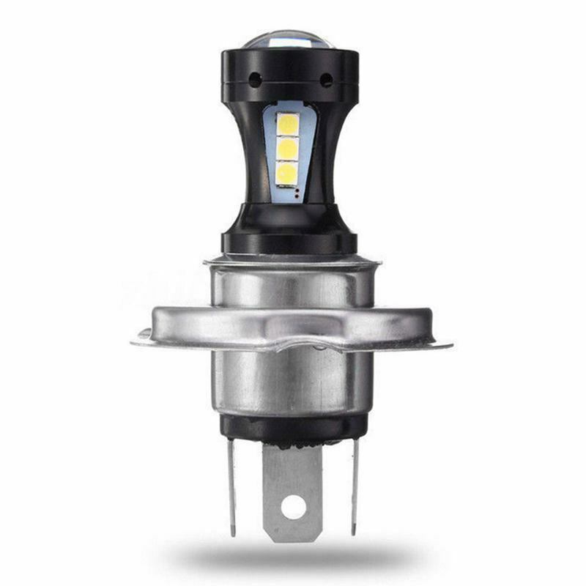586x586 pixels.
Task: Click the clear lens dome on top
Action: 290,39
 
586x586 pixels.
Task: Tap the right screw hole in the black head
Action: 326,79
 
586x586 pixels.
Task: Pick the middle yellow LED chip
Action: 288,149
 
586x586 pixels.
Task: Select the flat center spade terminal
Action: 292,483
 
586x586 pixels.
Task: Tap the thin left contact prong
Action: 231,483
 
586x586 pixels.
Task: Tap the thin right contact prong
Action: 355,483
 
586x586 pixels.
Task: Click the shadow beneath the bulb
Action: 293,560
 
